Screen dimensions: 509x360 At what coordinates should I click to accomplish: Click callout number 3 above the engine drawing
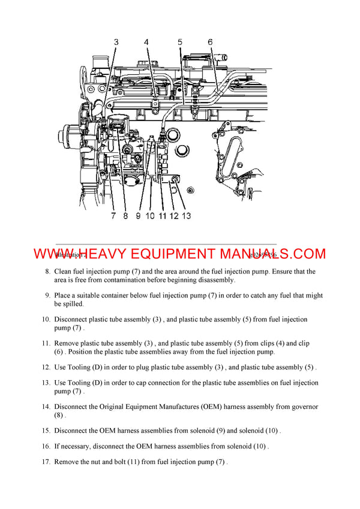pos(116,42)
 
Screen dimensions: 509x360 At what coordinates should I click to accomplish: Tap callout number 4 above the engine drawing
pos(146,42)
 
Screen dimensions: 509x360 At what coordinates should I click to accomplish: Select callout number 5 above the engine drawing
pos(179,42)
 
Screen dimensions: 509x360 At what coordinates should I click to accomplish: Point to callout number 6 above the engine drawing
pos(210,42)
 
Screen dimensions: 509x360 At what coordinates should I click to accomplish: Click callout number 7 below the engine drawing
pos(113,216)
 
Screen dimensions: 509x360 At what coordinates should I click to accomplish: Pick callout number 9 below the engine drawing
pos(137,216)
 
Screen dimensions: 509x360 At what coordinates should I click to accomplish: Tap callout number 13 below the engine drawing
pos(186,216)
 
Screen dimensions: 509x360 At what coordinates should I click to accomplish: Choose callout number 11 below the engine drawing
pos(162,216)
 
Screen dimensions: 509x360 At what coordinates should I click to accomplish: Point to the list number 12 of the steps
pos(46,368)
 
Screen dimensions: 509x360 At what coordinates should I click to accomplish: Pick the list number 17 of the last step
pos(46,462)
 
